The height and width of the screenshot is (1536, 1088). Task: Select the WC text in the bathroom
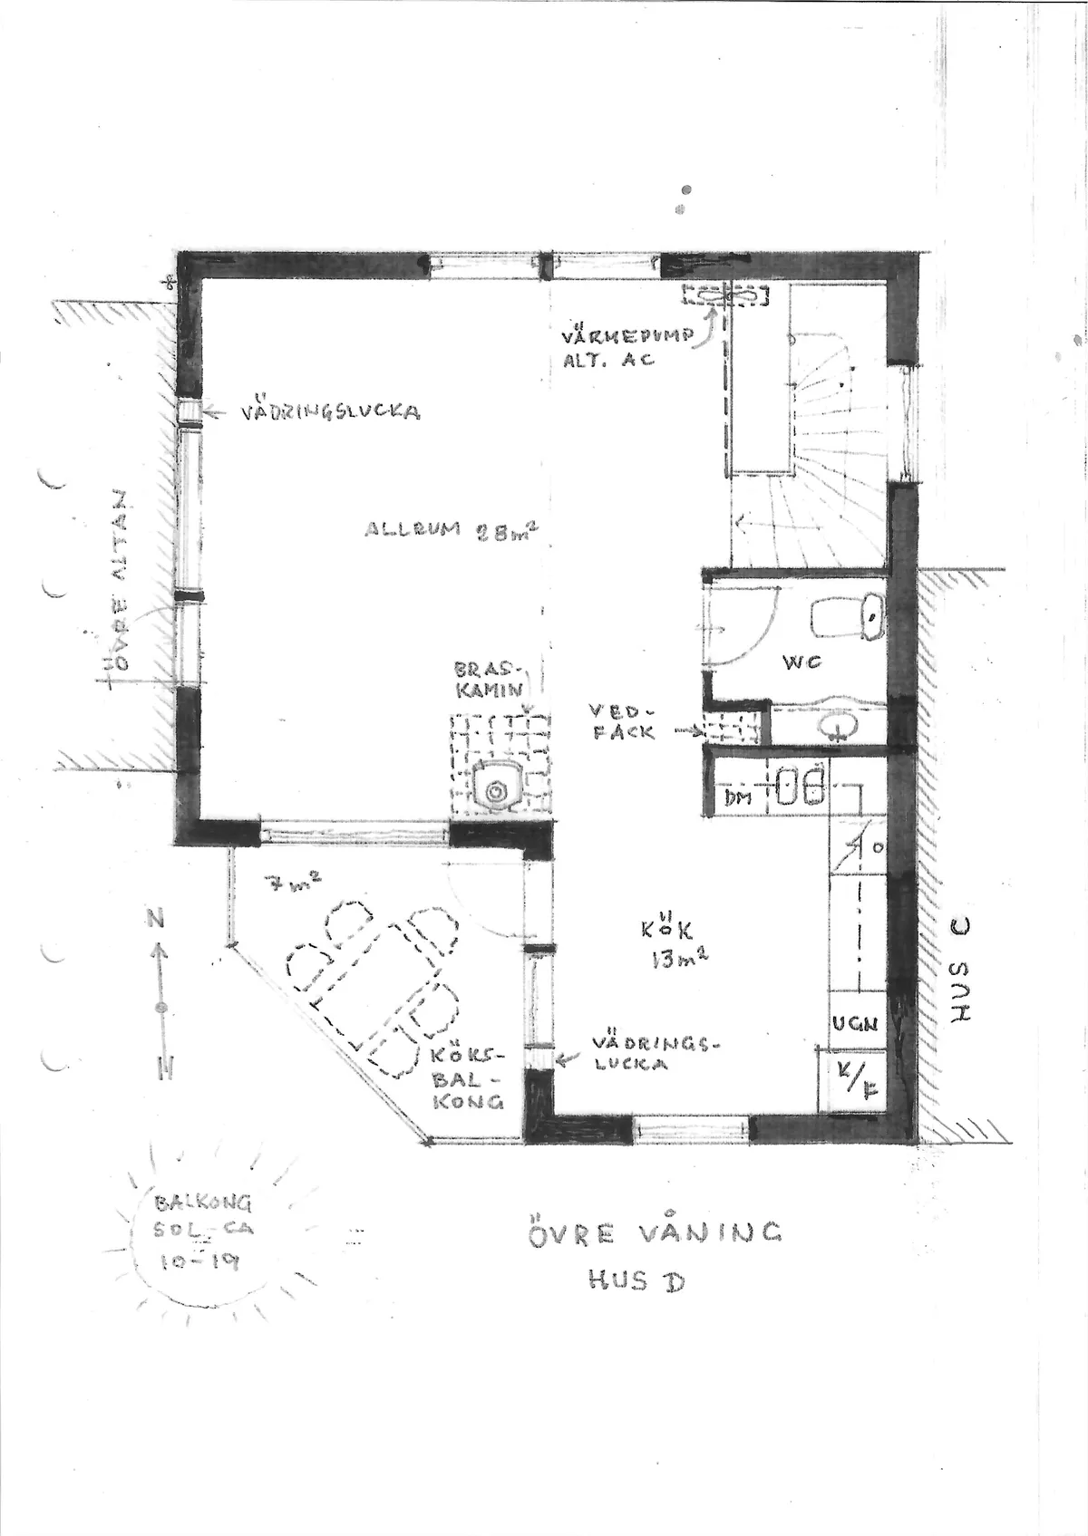coord(801,662)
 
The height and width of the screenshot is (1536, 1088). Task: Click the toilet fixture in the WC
coord(849,619)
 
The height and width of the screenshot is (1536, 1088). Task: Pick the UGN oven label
coord(856,1025)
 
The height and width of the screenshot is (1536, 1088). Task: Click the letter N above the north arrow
coord(158,919)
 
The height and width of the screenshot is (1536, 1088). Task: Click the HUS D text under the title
coord(635,1280)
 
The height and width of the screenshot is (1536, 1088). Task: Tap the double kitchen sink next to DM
coord(800,784)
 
